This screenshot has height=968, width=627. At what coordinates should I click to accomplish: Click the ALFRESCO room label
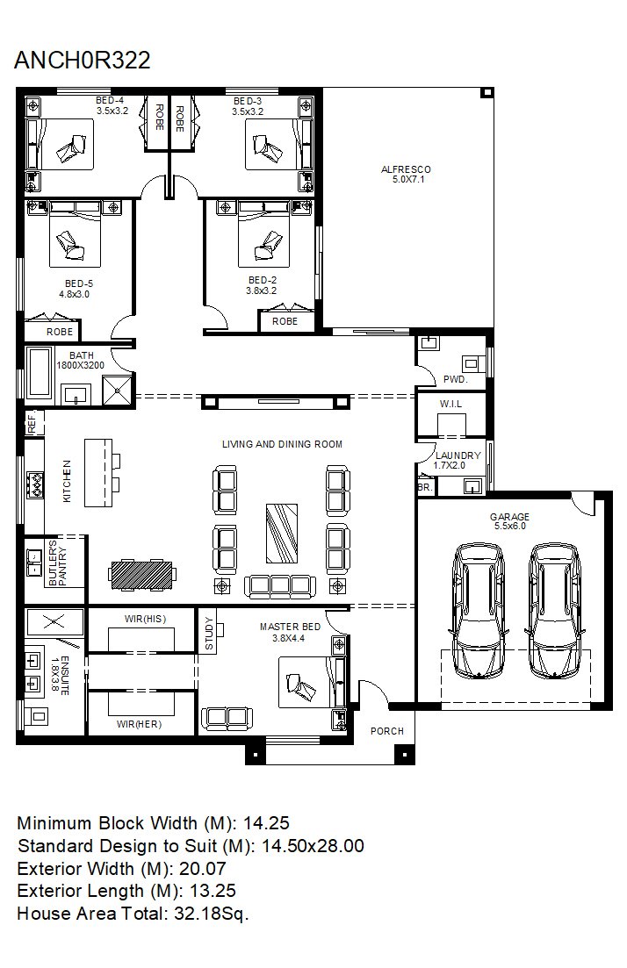406,169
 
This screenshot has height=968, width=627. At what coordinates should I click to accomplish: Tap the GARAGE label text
509,517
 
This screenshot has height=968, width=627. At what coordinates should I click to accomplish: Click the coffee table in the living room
282,534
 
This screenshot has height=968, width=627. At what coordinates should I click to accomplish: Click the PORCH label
386,731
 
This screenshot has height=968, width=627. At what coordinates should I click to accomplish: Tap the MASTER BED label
290,627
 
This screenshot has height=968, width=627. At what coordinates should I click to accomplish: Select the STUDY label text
209,634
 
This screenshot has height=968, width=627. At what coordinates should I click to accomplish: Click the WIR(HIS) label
145,619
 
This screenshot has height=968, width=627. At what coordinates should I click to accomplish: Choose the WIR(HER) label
139,724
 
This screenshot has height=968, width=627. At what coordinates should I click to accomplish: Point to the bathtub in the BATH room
39,374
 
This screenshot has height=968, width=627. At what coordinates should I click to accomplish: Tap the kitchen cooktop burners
35,484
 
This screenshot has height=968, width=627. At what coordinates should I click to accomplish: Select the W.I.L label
450,404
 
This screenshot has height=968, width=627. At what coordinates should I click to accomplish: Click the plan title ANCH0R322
83,60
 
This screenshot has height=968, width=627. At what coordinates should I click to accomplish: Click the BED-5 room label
78,284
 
